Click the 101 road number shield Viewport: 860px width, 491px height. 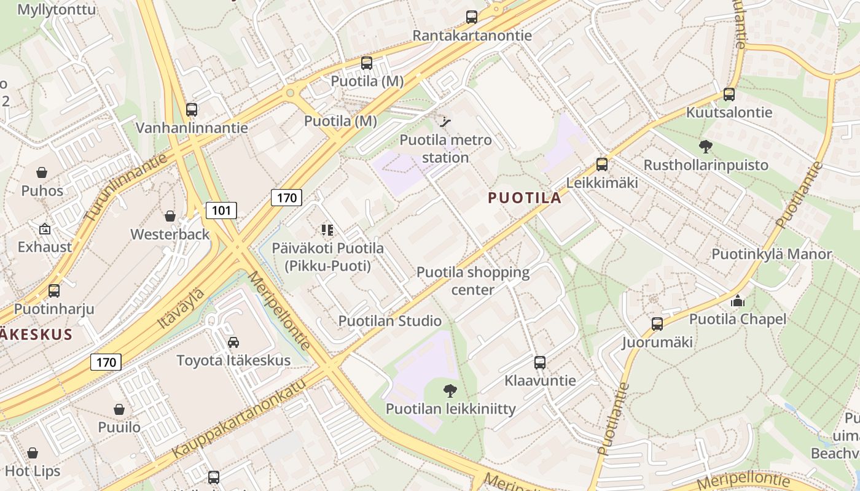click(221, 211)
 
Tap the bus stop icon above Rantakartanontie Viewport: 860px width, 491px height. click(471, 17)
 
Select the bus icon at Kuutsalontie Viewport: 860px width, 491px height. click(729, 95)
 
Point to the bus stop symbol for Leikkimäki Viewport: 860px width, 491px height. click(602, 164)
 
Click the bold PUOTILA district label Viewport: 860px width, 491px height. click(525, 198)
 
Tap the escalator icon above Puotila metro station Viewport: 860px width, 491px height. click(446, 122)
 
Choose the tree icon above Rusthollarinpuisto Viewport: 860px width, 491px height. click(705, 147)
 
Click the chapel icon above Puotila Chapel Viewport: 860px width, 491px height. click(737, 301)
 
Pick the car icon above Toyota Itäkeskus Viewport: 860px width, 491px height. click(233, 342)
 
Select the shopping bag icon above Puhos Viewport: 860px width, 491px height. click(42, 172)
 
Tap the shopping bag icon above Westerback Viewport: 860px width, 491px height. click(170, 216)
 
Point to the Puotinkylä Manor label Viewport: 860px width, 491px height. click(772, 254)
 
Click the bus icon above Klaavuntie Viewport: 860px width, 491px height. click(540, 362)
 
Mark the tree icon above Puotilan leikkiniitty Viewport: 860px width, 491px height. click(450, 390)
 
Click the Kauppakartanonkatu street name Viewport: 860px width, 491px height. click(240, 418)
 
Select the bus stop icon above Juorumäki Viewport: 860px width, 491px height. click(657, 324)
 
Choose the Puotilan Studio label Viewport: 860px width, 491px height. click(389, 321)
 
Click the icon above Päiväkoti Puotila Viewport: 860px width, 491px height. click(327, 230)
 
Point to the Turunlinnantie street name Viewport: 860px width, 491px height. click(126, 187)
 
